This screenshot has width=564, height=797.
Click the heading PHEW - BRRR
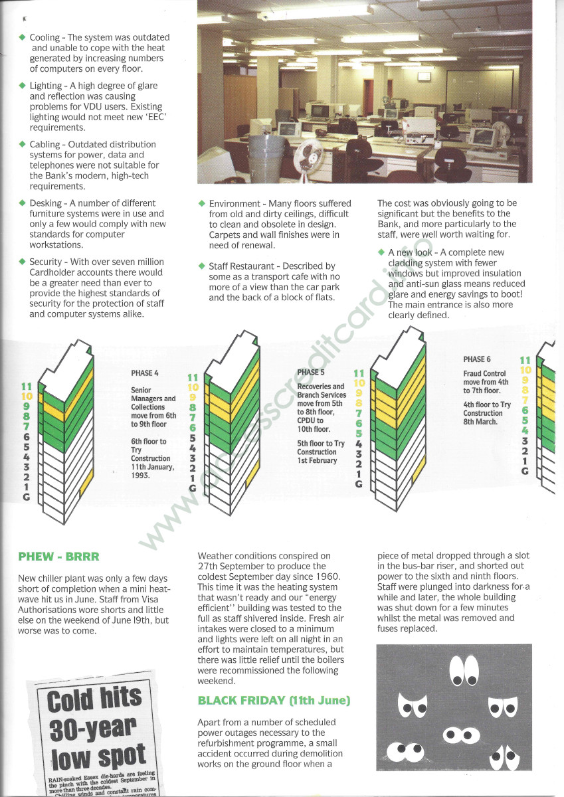tap(58, 557)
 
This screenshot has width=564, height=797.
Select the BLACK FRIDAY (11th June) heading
tap(274, 701)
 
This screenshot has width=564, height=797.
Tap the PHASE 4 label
tap(145, 373)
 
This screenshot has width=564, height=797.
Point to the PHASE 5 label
tap(311, 372)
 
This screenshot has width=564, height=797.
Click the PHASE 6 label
tap(477, 359)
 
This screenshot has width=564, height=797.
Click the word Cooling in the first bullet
tap(45, 38)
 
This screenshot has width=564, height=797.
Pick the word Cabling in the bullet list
tap(45, 144)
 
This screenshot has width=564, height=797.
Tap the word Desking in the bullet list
tap(46, 203)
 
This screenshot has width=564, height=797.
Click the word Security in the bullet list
tap(47, 262)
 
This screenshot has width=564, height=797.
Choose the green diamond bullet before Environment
tap(202, 203)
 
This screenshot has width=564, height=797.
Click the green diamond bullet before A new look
tap(381, 252)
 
